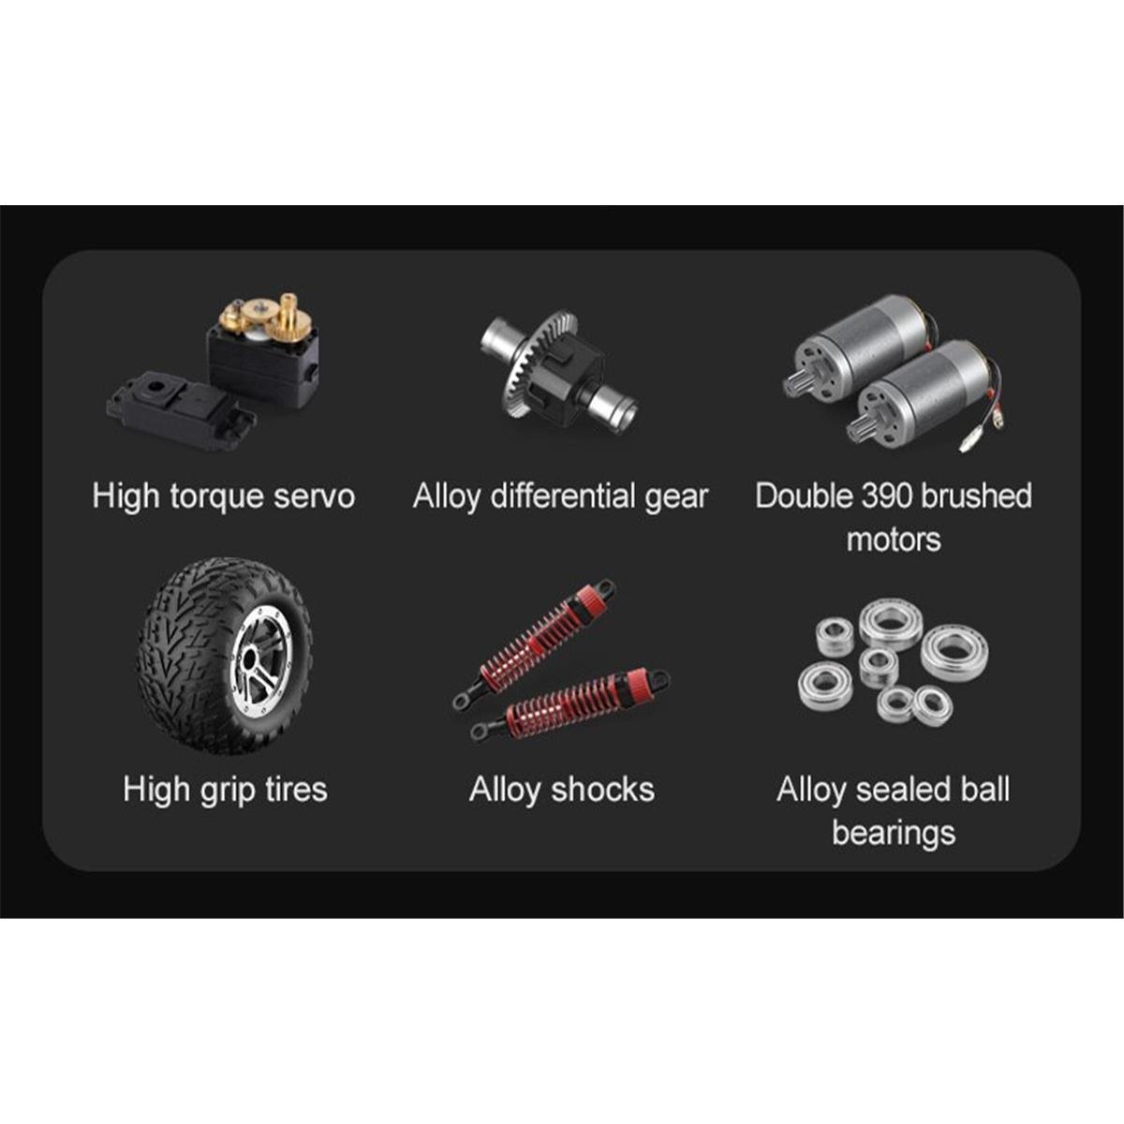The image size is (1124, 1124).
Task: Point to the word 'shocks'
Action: (x=602, y=790)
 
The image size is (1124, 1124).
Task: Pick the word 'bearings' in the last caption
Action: (x=894, y=834)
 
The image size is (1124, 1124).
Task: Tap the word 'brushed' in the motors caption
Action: (x=978, y=495)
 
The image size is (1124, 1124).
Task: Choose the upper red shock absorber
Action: (x=534, y=643)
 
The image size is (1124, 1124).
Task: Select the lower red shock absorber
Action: (x=569, y=703)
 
